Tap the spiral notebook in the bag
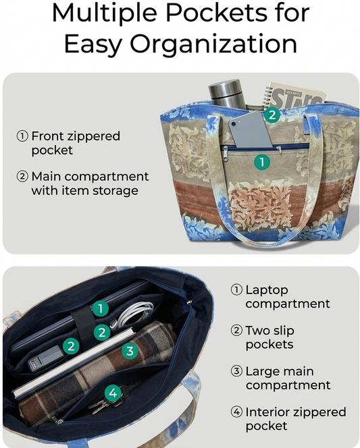(294, 96)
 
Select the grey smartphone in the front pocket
(249, 130)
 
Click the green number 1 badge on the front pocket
(262, 162)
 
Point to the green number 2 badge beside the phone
(272, 115)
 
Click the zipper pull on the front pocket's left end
(226, 154)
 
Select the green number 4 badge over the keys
(113, 393)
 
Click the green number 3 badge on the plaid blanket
(130, 351)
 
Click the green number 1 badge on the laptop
(101, 308)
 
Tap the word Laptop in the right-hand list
(267, 291)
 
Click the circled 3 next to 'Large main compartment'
(236, 372)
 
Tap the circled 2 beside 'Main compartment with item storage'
(22, 177)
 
